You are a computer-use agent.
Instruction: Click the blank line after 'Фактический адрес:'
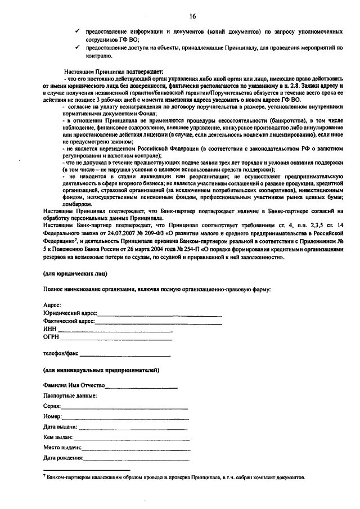coord(157,323)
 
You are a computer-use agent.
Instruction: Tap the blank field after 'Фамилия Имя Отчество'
coord(142,388)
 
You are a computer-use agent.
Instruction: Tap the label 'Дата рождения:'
coord(64,458)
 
